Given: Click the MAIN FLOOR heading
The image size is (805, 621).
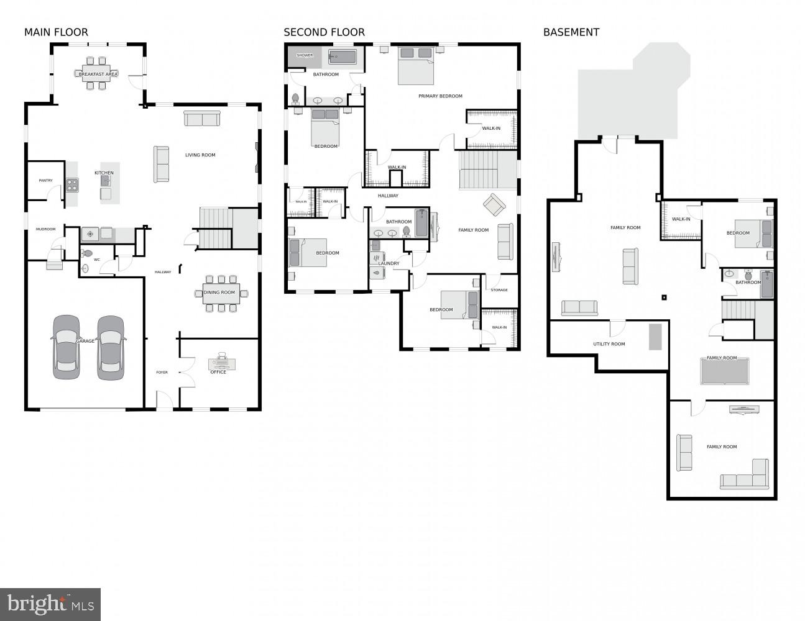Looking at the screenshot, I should pos(56,32).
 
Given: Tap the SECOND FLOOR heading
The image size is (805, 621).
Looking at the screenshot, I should pos(324,32).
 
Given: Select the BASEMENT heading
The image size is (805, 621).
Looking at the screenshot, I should pos(571,32).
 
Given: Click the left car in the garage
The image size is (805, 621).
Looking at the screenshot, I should pos(66,347).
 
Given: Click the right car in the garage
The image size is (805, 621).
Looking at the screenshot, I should pos(111,347).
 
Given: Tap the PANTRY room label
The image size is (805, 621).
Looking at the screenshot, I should pos(45,181).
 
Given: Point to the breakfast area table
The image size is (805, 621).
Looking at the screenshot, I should pos(98,74).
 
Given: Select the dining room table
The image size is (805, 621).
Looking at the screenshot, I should pos(221,293).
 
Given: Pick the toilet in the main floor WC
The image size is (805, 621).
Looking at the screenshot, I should pos(87,253).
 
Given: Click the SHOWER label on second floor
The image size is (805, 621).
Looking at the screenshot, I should pos(305,55).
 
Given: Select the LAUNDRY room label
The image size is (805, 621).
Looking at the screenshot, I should pos(389,263).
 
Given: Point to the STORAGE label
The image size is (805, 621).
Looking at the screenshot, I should pos(499,290).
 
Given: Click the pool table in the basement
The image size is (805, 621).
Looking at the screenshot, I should pos(724,371).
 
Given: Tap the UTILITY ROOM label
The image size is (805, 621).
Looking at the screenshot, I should pos(609,344).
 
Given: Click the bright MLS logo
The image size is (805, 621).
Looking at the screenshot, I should pos(50,604).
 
